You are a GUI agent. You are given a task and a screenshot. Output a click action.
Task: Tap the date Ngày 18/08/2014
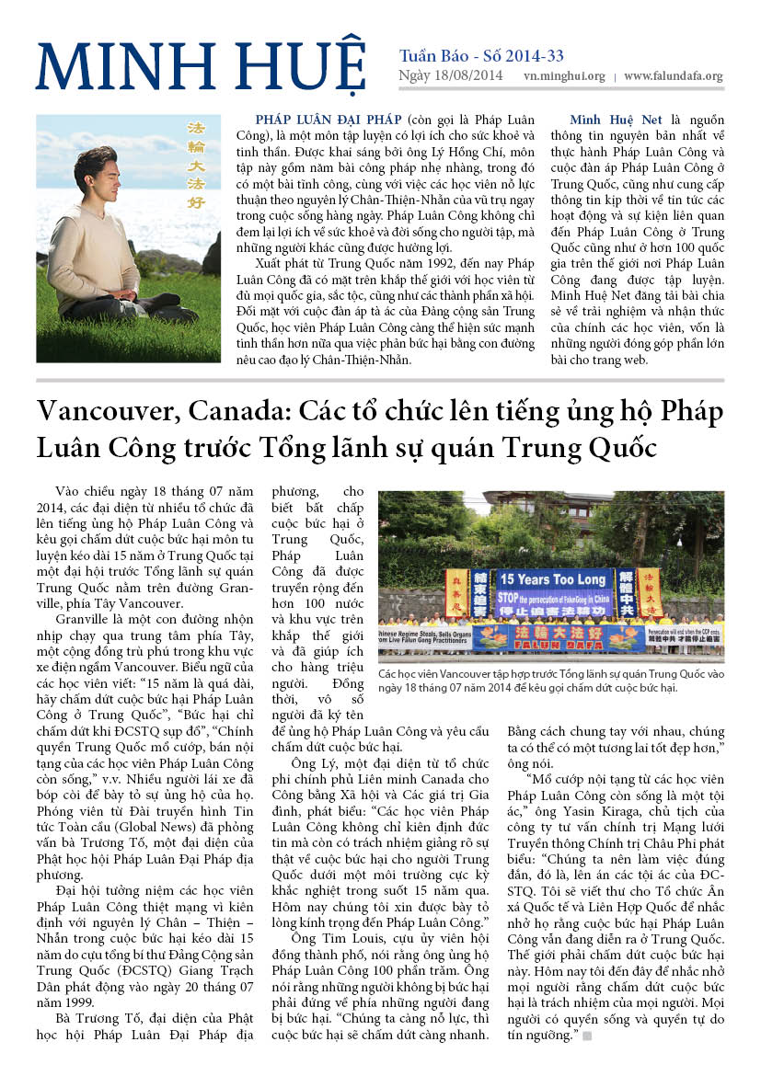coord(451,76)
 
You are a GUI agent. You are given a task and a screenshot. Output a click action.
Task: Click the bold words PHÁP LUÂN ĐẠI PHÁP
coord(329,120)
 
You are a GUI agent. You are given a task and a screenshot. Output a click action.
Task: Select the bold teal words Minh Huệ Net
coord(613,120)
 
